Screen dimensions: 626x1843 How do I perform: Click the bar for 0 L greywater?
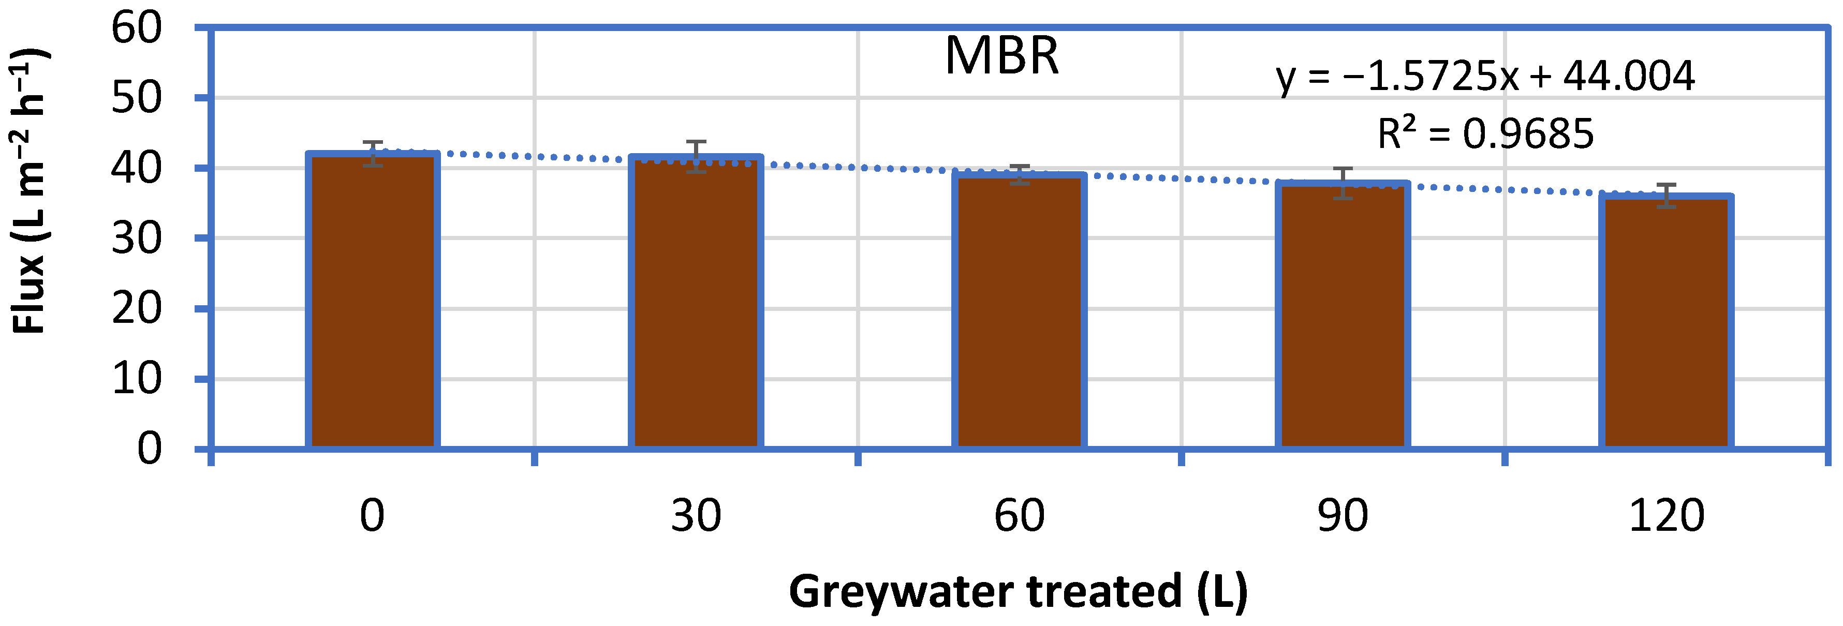click(372, 301)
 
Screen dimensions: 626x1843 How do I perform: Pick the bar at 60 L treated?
click(1019, 311)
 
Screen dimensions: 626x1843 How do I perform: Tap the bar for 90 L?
click(1342, 315)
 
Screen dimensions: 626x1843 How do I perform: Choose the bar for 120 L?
click(1665, 322)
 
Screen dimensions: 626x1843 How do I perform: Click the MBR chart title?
click(1001, 56)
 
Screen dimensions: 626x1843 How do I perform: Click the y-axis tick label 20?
click(137, 309)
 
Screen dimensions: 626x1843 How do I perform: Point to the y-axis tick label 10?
click(137, 379)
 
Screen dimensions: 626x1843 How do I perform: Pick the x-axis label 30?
click(696, 515)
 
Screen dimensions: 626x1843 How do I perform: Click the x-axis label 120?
click(1665, 515)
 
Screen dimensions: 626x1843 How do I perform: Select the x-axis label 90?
click(1342, 515)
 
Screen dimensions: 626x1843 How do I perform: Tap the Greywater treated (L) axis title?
click(1018, 592)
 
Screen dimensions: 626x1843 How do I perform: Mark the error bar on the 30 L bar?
click(696, 157)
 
